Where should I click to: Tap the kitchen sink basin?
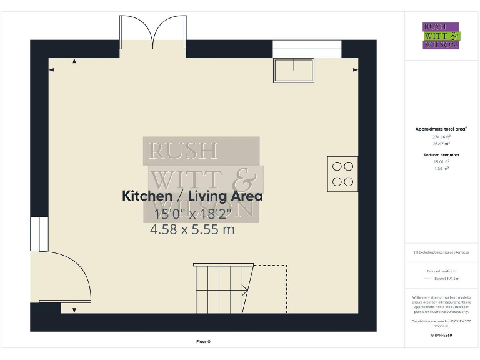[x=293, y=70]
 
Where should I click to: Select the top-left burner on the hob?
[x=337, y=166]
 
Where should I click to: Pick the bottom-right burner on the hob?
[x=348, y=182]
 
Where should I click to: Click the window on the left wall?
[x=39, y=234]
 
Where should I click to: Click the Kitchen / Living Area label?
[x=192, y=196]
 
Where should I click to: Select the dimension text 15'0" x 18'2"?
[x=192, y=214]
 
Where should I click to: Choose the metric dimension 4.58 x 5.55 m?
[x=192, y=229]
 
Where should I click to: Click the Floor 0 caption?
[x=203, y=341]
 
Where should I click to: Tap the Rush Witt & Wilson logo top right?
[x=441, y=36]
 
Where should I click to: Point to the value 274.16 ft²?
[x=441, y=136]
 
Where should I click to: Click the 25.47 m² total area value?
[x=441, y=143]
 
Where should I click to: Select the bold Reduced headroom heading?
[x=441, y=154]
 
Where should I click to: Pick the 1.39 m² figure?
[x=441, y=168]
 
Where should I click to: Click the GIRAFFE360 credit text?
[x=441, y=336]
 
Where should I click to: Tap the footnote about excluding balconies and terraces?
[x=441, y=252]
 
